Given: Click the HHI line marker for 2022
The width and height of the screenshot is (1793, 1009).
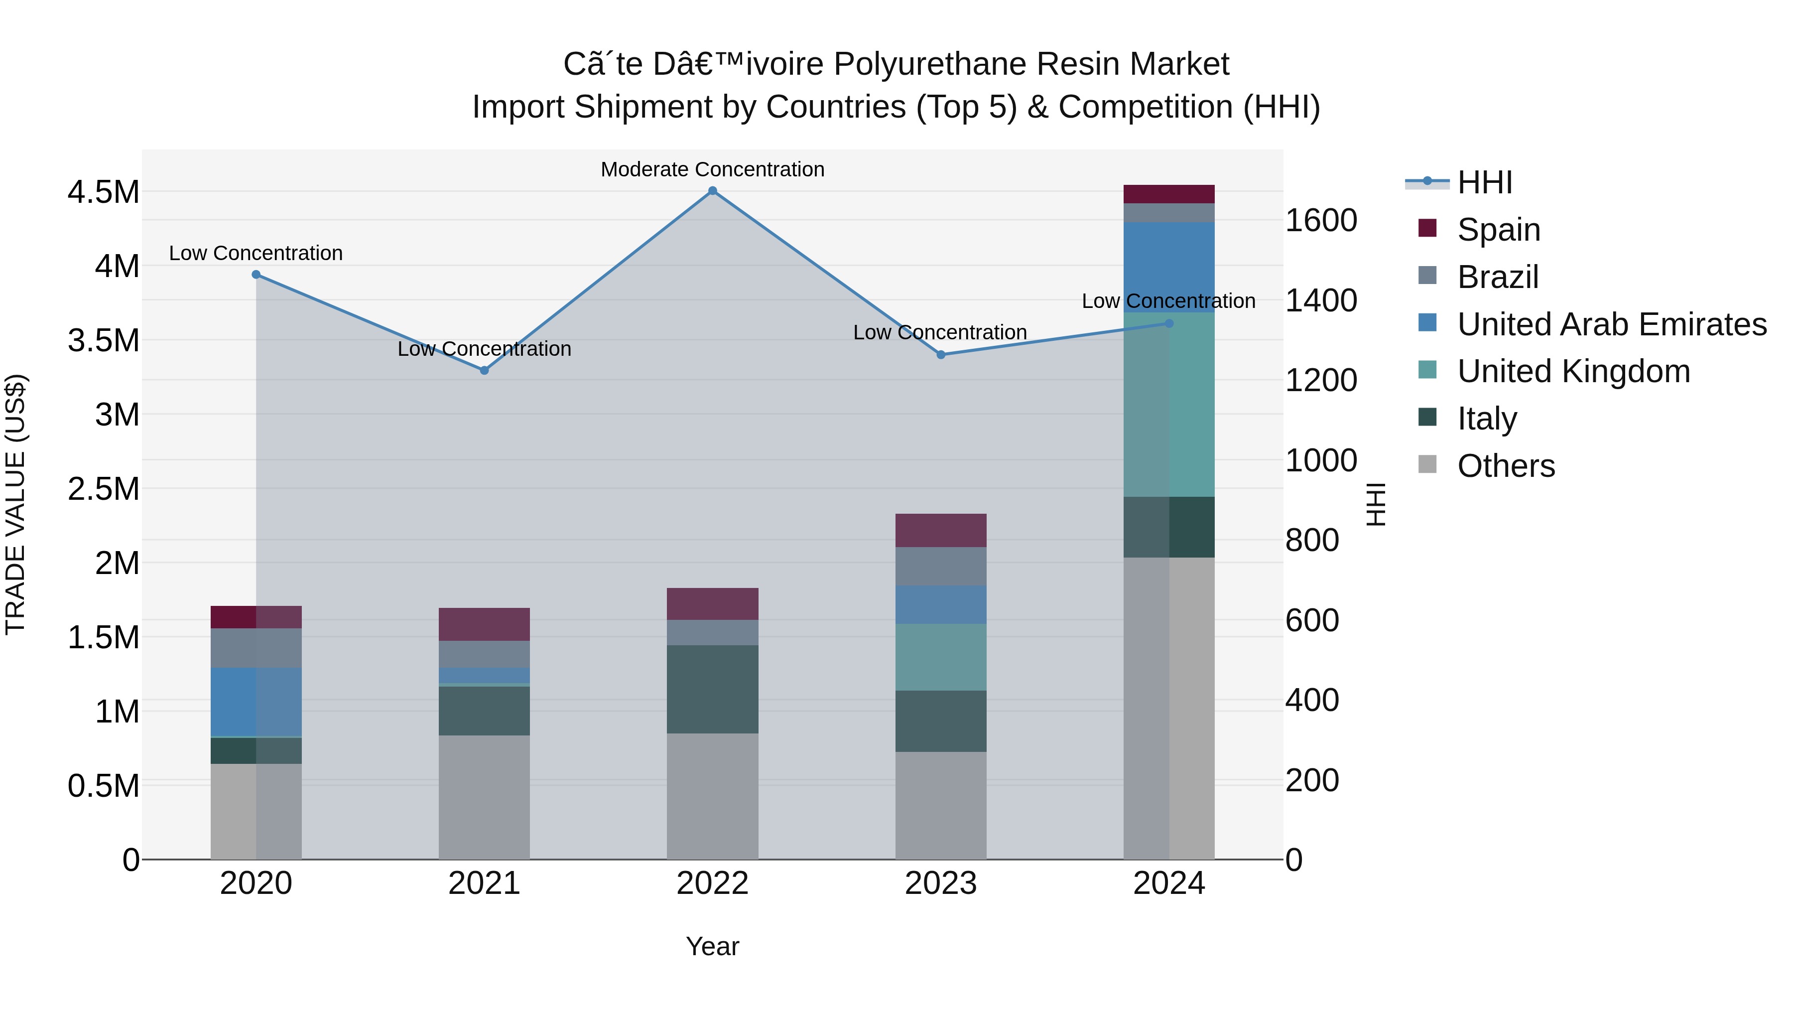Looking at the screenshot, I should (712, 191).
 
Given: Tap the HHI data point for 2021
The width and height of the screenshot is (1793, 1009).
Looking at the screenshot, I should (485, 370).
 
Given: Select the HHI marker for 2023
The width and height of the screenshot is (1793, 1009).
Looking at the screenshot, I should (940, 354).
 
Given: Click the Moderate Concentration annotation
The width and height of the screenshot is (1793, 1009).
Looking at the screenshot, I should (712, 169).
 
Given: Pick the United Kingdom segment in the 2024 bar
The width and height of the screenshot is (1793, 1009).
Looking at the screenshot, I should (1168, 404).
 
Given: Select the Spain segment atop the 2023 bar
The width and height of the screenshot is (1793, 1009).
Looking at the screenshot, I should (940, 530).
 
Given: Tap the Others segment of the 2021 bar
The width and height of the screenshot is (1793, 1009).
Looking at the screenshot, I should (485, 797).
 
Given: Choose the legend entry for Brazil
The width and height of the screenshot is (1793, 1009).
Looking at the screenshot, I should (1497, 277).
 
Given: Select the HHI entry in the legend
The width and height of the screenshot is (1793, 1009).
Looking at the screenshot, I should (1484, 182).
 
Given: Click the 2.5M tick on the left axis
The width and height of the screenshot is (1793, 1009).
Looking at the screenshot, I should (104, 489).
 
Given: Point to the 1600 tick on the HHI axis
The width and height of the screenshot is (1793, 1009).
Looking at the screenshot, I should (1320, 221).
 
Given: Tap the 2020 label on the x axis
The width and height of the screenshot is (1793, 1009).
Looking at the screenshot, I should (256, 883).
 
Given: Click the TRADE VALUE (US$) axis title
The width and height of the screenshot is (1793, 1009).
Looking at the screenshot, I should (16, 504).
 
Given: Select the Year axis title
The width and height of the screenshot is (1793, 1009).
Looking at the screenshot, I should (712, 946).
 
